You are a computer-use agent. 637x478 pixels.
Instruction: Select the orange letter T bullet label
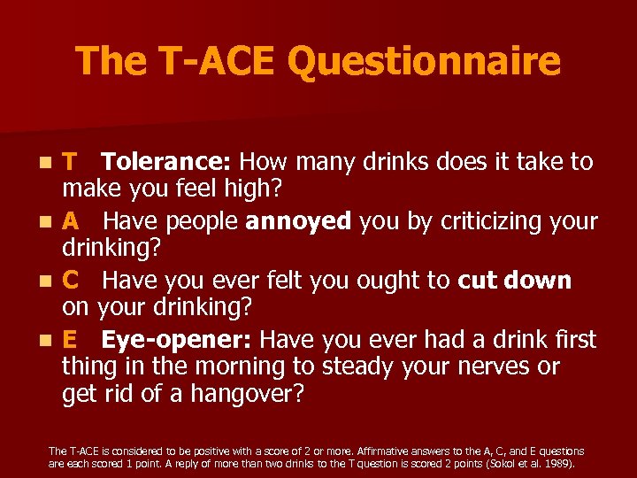[x=70, y=162]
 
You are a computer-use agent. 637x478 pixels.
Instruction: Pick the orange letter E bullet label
[x=70, y=340]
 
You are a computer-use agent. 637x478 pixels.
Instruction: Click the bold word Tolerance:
[x=166, y=162]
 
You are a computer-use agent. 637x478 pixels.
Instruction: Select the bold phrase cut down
[x=515, y=281]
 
